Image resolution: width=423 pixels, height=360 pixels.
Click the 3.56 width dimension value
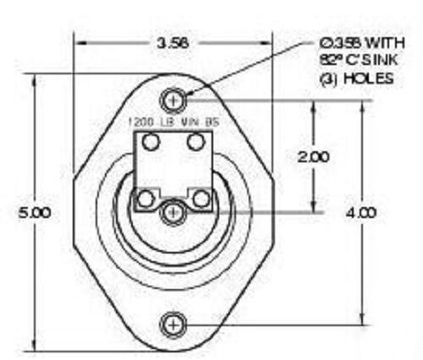pyautogui.click(x=173, y=41)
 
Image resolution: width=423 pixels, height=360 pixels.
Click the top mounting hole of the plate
pyautogui.click(x=174, y=99)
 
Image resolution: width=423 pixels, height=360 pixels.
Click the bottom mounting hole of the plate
pyautogui.click(x=174, y=324)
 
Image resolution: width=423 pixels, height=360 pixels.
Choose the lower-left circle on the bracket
pyautogui.click(x=146, y=199)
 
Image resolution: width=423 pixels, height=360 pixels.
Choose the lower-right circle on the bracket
pyautogui.click(x=201, y=199)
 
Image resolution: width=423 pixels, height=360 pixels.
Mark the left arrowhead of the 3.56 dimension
pyautogui.click(x=80, y=41)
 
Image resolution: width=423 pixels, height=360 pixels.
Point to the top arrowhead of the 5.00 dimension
pyautogui.click(x=34, y=79)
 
